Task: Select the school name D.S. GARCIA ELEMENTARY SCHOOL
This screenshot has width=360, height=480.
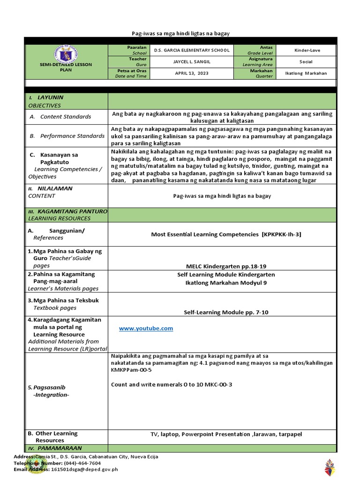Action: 192,50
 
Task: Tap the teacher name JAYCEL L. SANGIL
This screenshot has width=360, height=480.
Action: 192,62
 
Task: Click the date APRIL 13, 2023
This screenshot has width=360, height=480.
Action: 192,73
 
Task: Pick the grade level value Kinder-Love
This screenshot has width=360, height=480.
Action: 307,50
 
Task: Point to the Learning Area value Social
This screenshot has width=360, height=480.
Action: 307,62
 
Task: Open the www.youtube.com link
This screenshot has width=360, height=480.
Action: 146,329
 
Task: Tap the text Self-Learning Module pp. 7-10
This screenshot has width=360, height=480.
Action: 226,312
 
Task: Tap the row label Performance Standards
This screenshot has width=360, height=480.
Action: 72,136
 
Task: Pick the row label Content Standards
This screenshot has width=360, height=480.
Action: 66,117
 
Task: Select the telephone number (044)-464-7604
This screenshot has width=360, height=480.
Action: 78,463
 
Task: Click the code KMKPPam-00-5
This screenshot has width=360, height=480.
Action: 131,370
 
